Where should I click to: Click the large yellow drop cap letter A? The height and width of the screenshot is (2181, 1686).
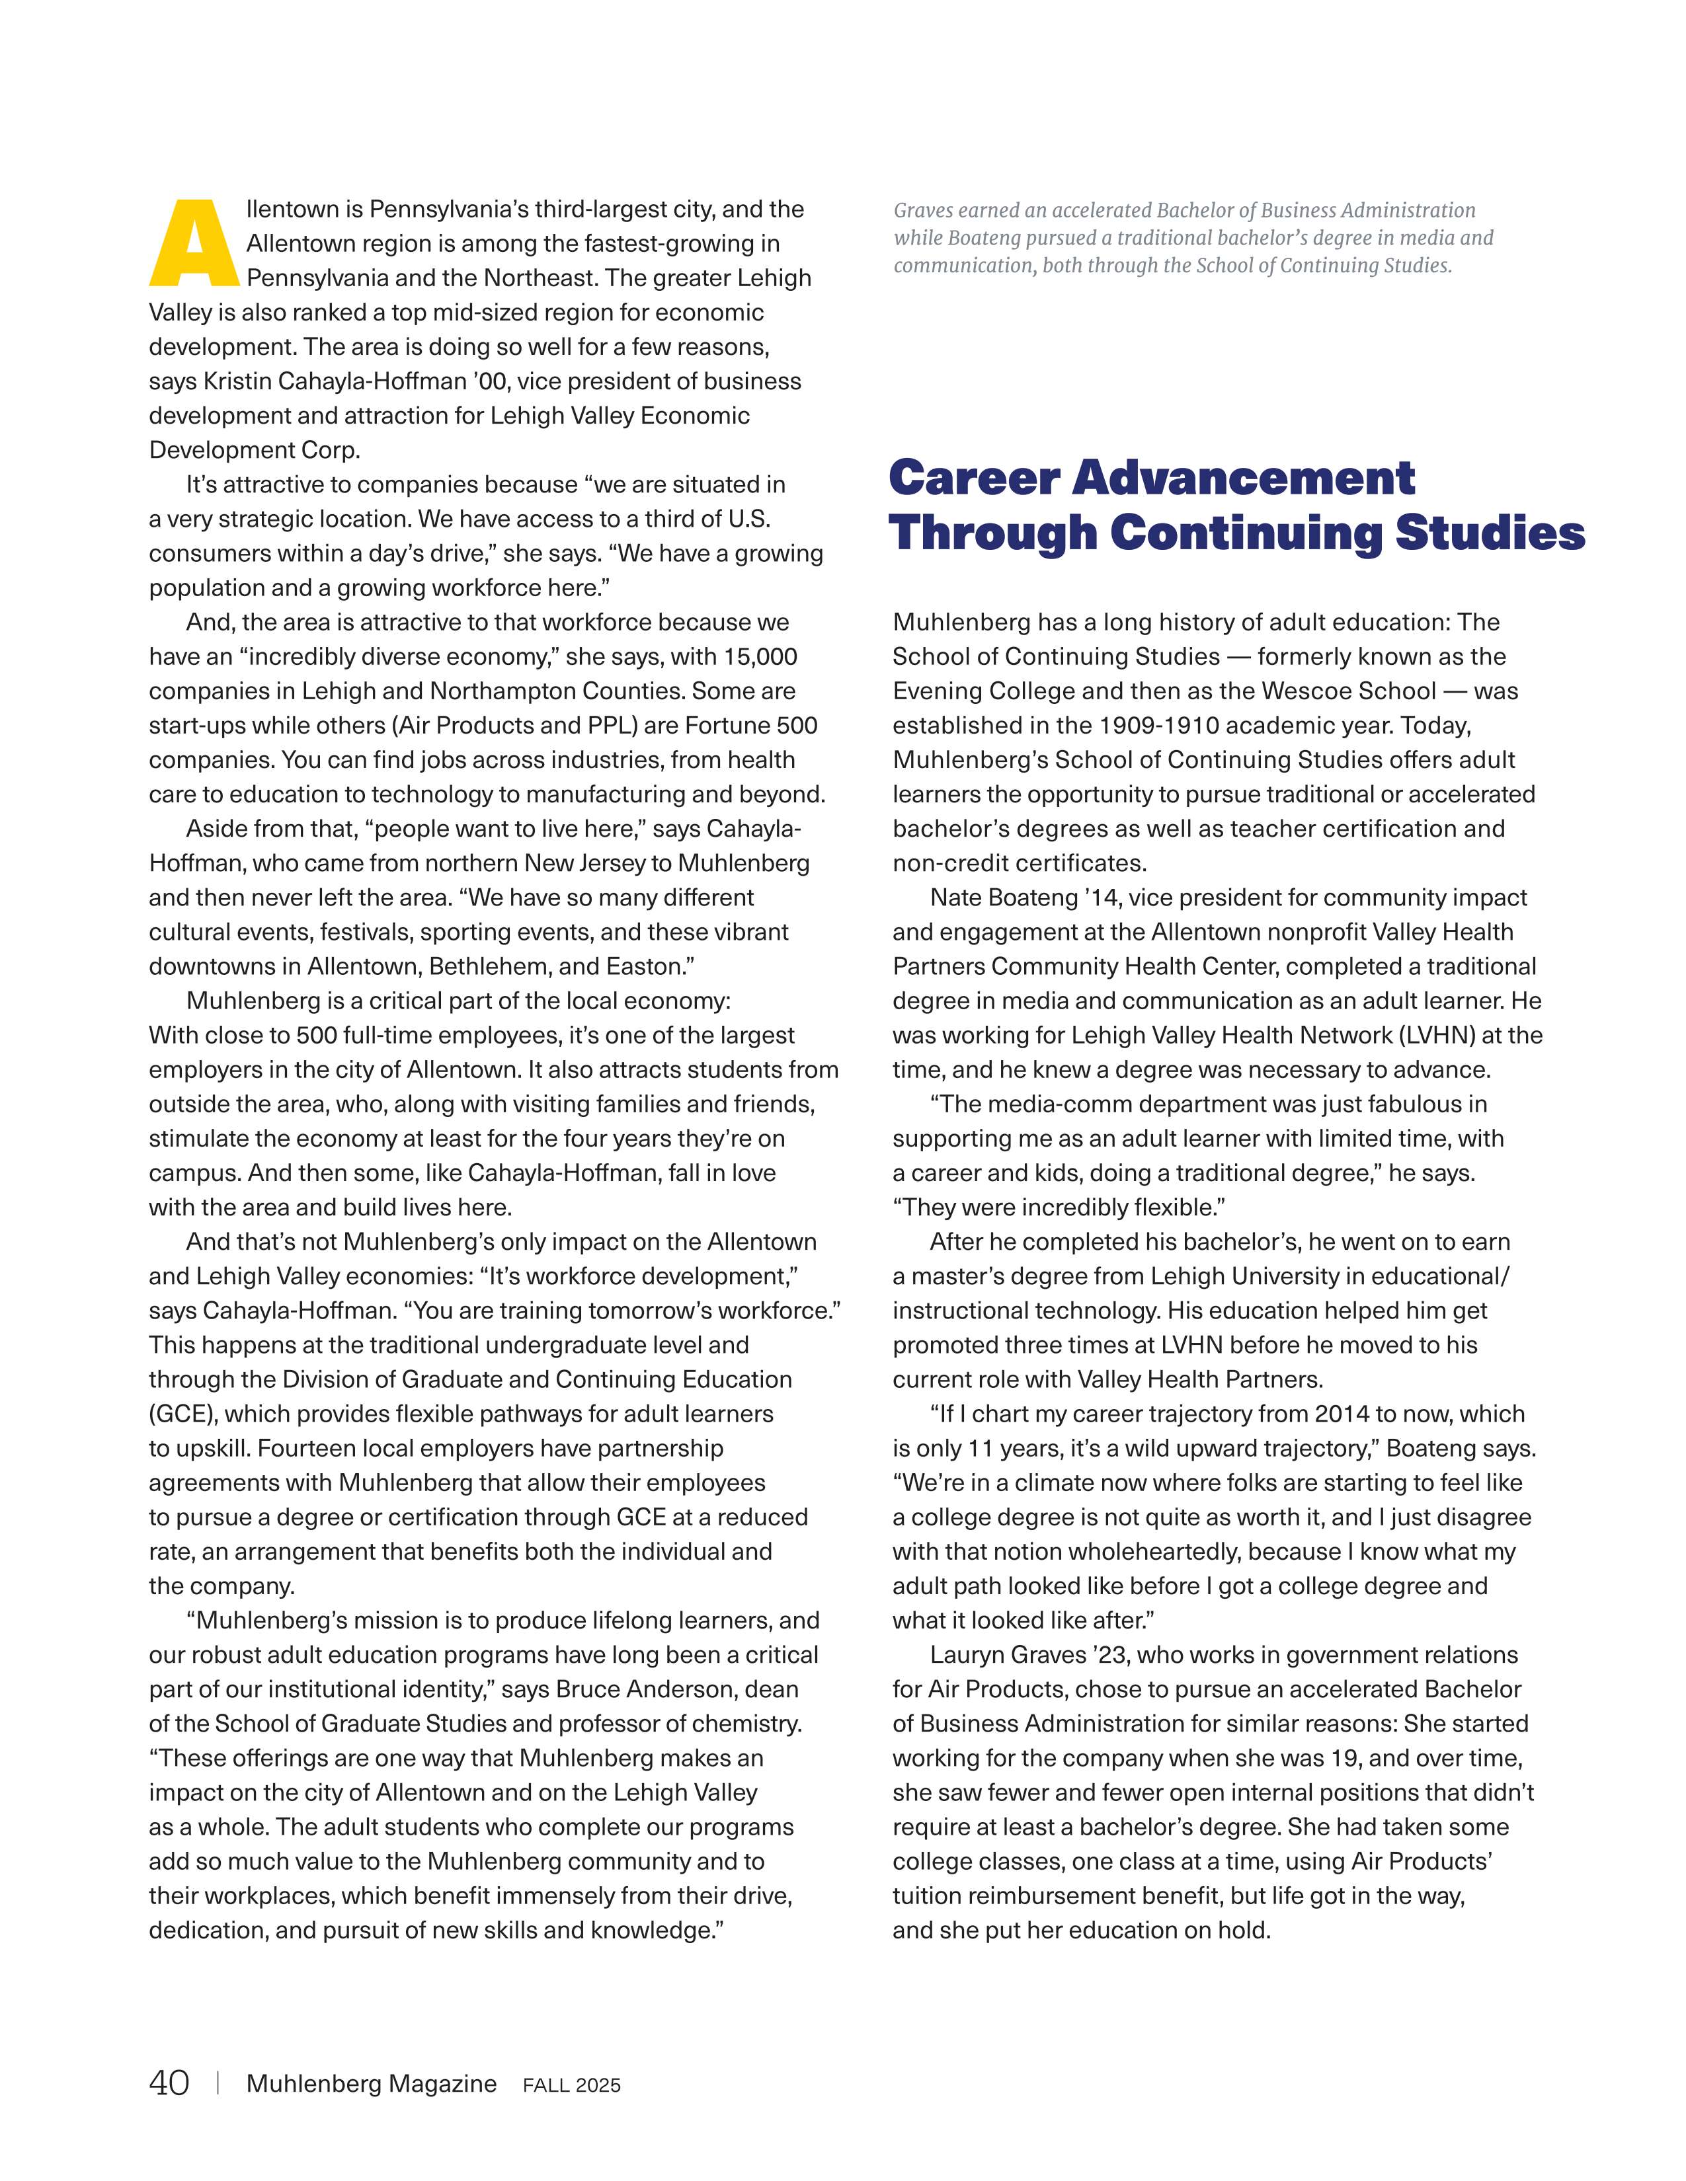[194, 243]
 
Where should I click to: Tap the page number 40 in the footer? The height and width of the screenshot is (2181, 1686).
[169, 2083]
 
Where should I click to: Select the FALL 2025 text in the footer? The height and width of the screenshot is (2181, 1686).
[571, 2085]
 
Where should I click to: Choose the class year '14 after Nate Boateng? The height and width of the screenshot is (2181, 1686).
[1102, 898]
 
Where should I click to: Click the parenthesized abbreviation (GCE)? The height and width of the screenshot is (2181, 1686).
[182, 1414]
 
